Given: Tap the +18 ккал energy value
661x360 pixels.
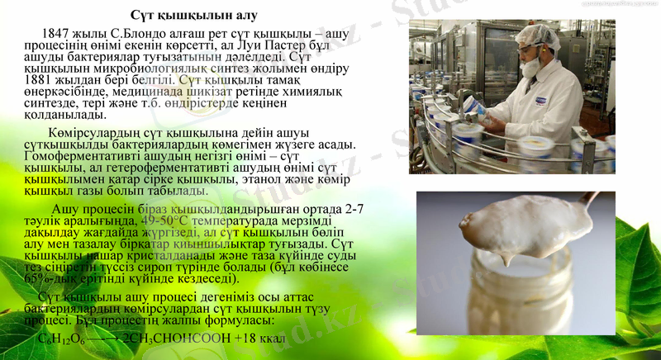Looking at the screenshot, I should pos(259,339).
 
